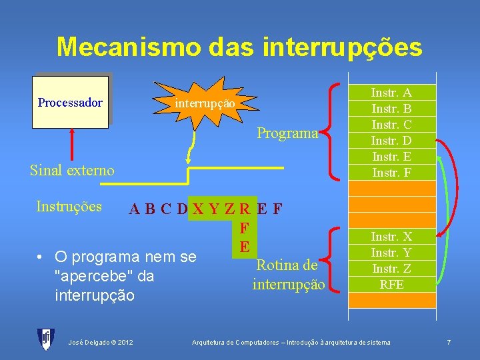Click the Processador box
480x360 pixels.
70,102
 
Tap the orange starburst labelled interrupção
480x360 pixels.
205,104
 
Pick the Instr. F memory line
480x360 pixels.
391,172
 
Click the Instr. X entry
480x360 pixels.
391,237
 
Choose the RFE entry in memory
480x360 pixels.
391,284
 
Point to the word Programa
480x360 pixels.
287,133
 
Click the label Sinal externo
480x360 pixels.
72,170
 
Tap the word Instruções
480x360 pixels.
69,206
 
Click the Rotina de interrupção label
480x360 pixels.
288,275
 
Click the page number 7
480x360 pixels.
449,342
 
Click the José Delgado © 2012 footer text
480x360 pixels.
101,342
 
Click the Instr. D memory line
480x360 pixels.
391,141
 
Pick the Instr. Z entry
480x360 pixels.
391,269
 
